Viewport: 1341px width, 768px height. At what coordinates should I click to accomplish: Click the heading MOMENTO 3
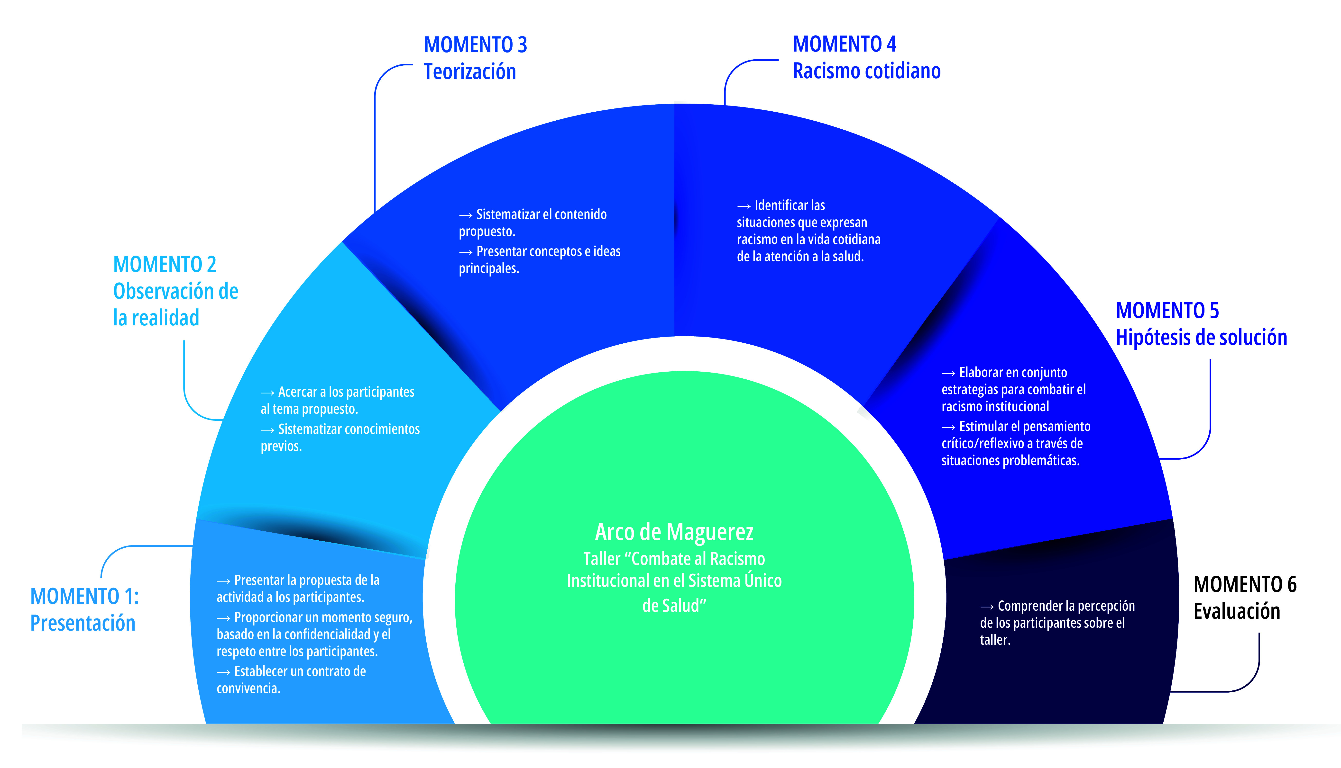[475, 45]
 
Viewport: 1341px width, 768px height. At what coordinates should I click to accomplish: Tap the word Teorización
[470, 72]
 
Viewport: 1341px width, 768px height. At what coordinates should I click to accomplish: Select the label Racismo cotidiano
[867, 71]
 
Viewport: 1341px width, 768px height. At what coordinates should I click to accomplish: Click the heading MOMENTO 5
[1167, 311]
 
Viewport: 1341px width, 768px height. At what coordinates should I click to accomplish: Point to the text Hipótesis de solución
[1201, 338]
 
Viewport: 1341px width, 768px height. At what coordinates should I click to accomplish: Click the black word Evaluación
[1237, 611]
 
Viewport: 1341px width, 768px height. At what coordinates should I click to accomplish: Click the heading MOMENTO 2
[165, 264]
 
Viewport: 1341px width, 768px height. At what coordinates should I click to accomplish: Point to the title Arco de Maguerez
[674, 532]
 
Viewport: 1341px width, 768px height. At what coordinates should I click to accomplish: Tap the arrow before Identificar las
[744, 206]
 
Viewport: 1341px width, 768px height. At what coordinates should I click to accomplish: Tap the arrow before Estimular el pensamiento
[948, 427]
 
